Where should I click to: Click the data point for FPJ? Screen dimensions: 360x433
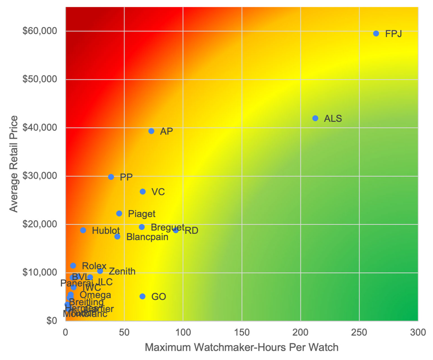(376, 34)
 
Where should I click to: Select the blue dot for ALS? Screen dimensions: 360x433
(315, 118)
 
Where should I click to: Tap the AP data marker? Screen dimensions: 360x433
(151, 131)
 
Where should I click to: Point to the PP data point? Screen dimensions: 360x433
(111, 177)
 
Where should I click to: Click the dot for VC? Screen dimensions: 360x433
(143, 192)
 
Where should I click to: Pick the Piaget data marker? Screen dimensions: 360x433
(119, 214)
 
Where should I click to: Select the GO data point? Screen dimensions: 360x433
(142, 296)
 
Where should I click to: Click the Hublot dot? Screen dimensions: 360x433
(83, 230)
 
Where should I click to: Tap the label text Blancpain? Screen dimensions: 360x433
(147, 237)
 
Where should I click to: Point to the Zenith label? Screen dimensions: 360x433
(122, 271)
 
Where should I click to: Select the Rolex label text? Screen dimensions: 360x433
(94, 266)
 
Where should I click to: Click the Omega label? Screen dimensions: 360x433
(95, 295)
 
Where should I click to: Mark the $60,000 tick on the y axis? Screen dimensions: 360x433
(40, 31)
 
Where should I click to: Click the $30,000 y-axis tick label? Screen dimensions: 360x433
(40, 176)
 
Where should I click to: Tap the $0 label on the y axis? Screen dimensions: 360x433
(52, 321)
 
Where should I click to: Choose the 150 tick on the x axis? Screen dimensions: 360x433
(242, 333)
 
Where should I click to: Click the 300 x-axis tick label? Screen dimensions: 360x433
(418, 333)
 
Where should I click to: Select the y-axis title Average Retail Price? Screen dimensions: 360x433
(14, 164)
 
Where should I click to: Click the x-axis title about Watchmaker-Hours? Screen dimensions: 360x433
(242, 347)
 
